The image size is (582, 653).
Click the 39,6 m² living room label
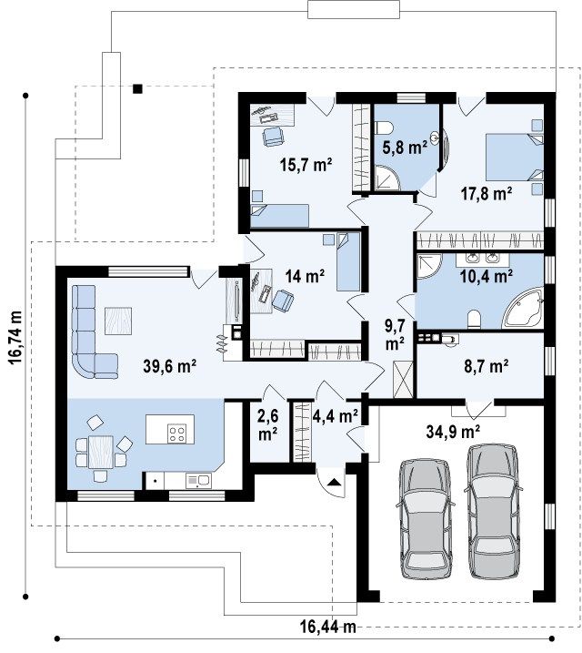click(x=170, y=366)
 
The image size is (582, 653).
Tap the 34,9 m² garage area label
click(x=453, y=432)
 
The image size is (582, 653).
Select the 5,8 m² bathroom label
click(x=405, y=148)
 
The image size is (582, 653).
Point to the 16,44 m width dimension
click(x=328, y=626)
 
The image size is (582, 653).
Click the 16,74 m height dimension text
click(x=15, y=337)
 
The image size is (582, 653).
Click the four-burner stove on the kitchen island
click(x=176, y=433)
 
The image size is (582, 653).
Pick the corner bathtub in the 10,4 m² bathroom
click(x=523, y=307)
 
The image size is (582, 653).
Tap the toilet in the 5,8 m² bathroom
click(x=384, y=128)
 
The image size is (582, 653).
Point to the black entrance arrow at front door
click(x=335, y=483)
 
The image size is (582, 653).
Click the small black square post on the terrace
click(x=137, y=88)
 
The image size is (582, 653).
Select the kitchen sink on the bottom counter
click(x=199, y=481)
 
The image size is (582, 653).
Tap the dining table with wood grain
click(x=101, y=452)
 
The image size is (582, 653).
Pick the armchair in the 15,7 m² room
click(x=273, y=137)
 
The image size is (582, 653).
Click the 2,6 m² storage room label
click(x=268, y=424)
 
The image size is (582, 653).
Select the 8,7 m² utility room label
click(x=486, y=366)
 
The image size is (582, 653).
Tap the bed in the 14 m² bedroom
click(x=348, y=261)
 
